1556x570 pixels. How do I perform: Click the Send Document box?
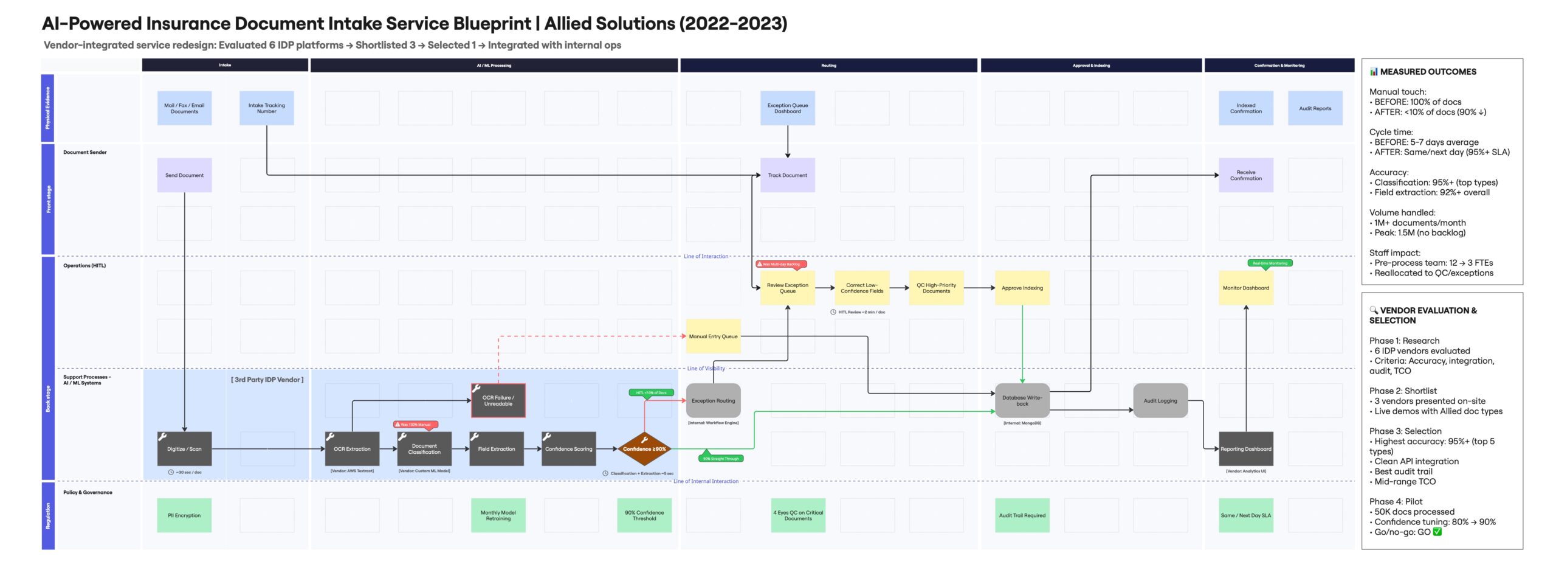click(184, 175)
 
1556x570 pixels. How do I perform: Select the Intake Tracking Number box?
click(266, 108)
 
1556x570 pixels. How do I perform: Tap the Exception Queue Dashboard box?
click(787, 108)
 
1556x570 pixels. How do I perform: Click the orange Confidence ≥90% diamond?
click(644, 449)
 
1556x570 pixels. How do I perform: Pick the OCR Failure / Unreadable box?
click(498, 400)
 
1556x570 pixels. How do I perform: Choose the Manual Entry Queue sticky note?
click(713, 336)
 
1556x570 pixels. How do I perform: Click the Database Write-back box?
click(1022, 400)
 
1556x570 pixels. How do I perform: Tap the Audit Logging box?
click(1160, 400)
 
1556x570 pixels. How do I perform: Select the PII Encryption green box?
click(184, 515)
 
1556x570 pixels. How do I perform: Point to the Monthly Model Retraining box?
click(498, 515)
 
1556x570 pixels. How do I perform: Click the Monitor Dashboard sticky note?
click(1245, 288)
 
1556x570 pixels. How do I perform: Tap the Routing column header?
click(828, 65)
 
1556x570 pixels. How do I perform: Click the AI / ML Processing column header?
click(494, 65)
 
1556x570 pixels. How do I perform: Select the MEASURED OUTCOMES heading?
click(1428, 72)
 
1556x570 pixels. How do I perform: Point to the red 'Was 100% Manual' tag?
click(416, 425)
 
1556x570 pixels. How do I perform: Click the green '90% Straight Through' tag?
click(721, 459)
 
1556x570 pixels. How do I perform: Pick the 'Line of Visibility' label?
click(706, 368)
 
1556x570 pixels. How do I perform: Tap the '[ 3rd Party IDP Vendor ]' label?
click(267, 380)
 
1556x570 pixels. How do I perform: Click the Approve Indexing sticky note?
click(1022, 288)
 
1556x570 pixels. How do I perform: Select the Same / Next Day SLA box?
click(1245, 515)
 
